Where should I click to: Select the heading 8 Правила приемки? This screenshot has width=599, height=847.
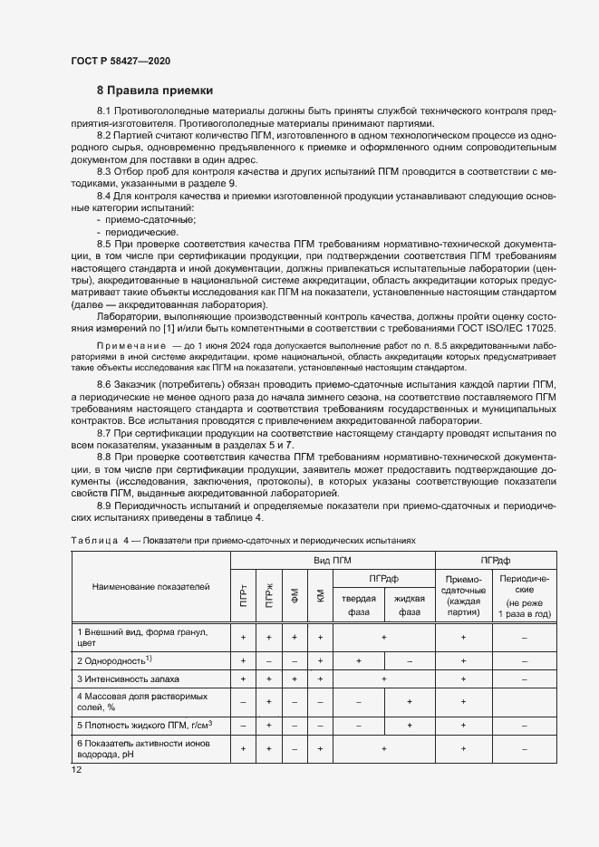coord(154,91)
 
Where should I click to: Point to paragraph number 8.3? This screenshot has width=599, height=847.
coord(105,171)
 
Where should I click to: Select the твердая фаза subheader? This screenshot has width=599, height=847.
coord(359,604)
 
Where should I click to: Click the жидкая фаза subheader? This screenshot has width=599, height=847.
coord(410,604)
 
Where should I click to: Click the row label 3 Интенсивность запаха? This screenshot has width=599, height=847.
coord(129,678)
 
